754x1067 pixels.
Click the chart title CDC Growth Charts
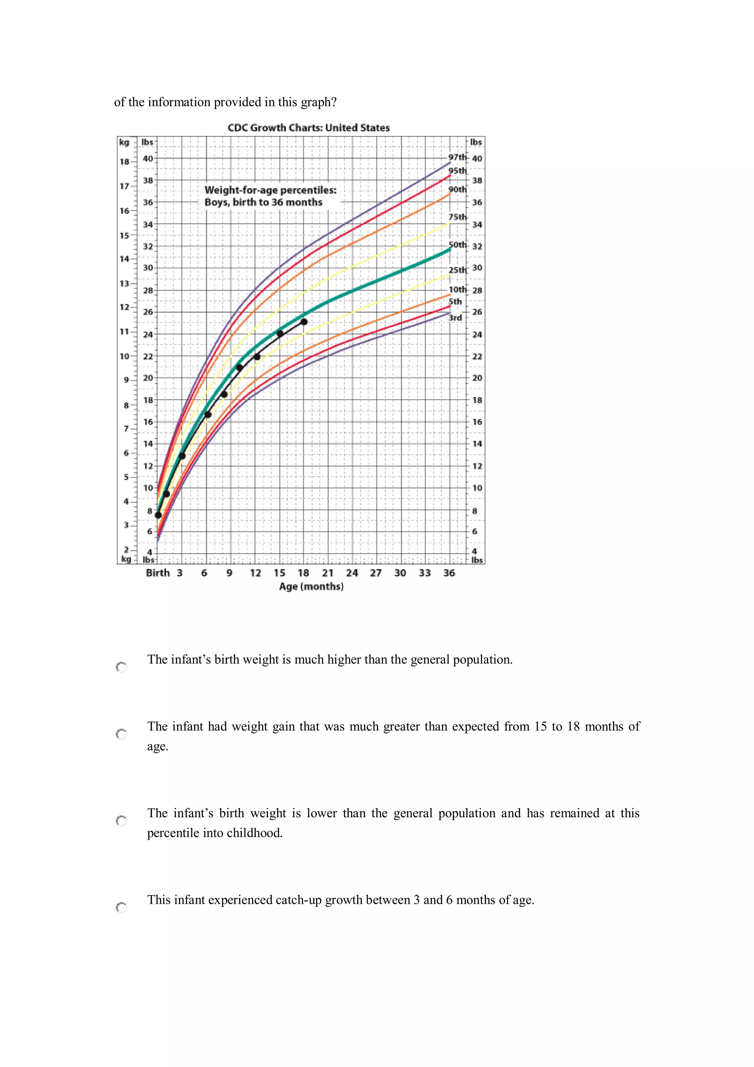(309, 128)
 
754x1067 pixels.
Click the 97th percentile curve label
(457, 157)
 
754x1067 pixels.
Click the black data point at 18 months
(304, 322)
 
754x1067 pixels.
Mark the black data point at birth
(158, 515)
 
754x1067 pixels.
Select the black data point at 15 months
(280, 334)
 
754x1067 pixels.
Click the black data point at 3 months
(182, 456)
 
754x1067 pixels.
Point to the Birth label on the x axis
(158, 573)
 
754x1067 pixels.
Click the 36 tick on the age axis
(449, 573)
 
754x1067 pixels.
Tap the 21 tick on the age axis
(328, 573)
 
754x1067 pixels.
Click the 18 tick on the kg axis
(124, 162)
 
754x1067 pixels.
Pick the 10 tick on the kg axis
(124, 357)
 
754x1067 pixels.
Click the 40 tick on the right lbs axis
(477, 158)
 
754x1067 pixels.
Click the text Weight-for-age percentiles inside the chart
(270, 190)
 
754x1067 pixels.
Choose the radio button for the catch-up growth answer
(121, 907)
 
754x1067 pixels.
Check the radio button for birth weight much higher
(121, 667)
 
